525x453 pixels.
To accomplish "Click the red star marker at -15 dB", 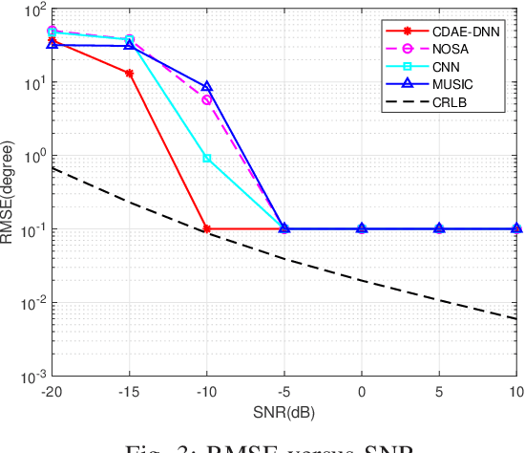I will [130, 73].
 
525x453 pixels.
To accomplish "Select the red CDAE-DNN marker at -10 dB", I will [207, 229].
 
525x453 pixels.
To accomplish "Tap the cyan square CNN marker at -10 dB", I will [207, 158].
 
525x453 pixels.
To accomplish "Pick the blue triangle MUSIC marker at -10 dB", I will [207, 87].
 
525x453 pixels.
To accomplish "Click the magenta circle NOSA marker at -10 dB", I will [207, 99].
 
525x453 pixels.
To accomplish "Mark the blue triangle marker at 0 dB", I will [362, 228].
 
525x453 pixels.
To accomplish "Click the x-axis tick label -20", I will [52, 391].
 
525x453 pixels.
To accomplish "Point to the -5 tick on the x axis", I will [284, 391].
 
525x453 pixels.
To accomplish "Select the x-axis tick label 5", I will [439, 391].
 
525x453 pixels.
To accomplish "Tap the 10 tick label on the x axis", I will [514, 391].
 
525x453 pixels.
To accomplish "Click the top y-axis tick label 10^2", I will [35, 11].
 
